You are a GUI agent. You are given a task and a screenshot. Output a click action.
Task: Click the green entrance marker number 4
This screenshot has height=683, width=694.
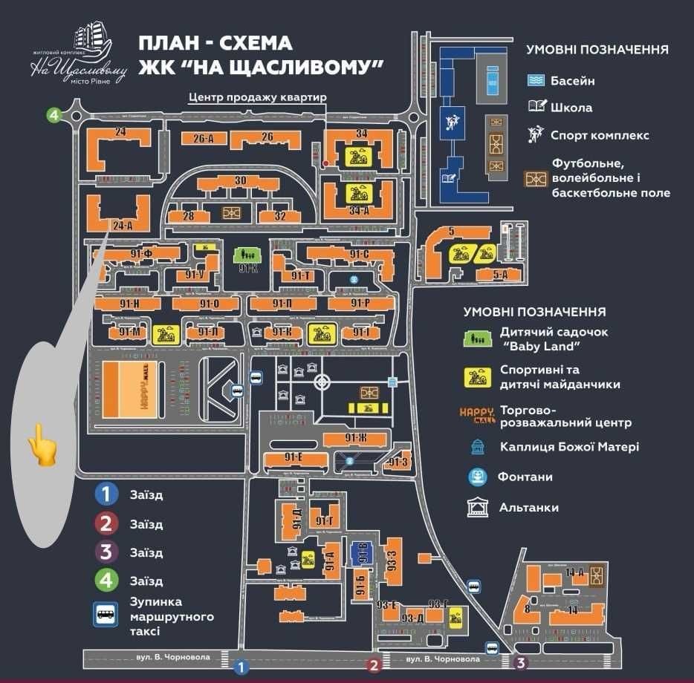(53, 114)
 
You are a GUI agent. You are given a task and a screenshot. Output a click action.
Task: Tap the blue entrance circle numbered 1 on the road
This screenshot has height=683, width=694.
(240, 667)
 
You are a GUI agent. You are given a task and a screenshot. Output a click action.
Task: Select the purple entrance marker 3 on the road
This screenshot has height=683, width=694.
(521, 663)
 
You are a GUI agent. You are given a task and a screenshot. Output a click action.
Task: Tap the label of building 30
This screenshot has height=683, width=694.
(239, 181)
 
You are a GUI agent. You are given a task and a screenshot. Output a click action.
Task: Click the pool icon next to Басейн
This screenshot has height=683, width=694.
(536, 80)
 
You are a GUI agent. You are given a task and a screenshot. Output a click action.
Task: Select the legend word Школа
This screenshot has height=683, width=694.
(571, 108)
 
